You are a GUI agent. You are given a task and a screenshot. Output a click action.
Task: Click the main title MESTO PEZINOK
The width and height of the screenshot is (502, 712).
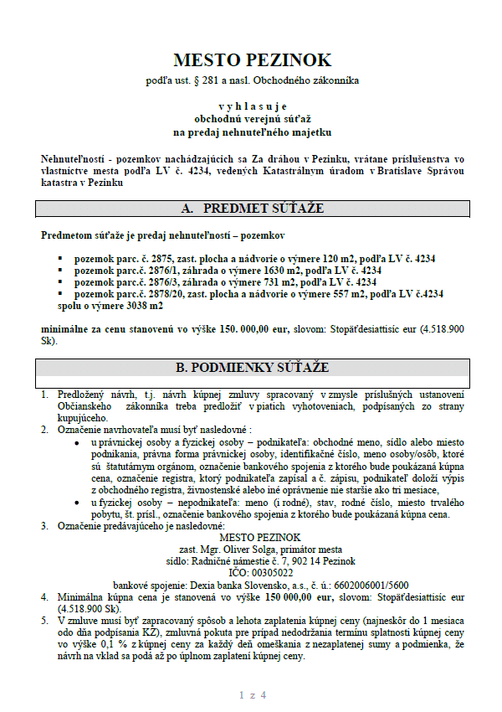[252, 59]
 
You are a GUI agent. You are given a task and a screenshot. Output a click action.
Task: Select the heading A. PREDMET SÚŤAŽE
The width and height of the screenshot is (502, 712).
[252, 209]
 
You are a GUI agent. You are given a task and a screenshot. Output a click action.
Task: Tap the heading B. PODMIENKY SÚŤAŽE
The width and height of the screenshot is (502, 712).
[252, 368]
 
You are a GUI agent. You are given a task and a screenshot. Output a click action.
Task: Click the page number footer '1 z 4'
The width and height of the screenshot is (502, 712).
[252, 695]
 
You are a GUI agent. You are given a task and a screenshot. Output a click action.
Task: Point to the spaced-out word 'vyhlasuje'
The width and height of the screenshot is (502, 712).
[252, 106]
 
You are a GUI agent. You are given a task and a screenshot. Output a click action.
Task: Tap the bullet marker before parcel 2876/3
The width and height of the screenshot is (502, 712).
[60, 282]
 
